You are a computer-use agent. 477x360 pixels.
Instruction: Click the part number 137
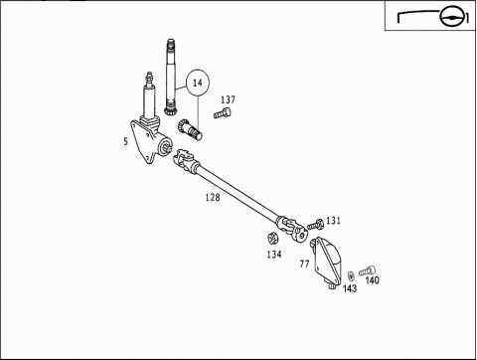pyautogui.click(x=228, y=100)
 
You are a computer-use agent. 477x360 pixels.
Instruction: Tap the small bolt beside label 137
pyautogui.click(x=222, y=117)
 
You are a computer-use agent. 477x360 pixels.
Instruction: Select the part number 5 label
pyautogui.click(x=125, y=141)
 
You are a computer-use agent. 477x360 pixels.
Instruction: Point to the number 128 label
pyautogui.click(x=212, y=198)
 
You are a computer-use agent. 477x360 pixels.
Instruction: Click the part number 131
pyautogui.click(x=333, y=220)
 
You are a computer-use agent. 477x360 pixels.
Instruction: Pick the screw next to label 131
pyautogui.click(x=315, y=223)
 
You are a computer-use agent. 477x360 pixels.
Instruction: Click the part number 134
pyautogui.click(x=273, y=255)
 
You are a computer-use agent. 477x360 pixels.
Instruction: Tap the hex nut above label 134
pyautogui.click(x=271, y=238)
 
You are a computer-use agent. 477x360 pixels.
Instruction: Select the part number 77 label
pyautogui.click(x=304, y=265)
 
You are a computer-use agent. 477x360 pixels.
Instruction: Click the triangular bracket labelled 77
pyautogui.click(x=327, y=262)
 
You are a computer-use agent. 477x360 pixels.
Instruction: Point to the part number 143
pyautogui.click(x=349, y=289)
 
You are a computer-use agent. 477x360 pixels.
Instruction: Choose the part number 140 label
pyautogui.click(x=372, y=281)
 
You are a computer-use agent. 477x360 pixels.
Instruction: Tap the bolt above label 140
pyautogui.click(x=369, y=268)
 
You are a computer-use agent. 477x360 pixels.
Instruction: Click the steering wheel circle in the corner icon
pyautogui.click(x=453, y=16)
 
